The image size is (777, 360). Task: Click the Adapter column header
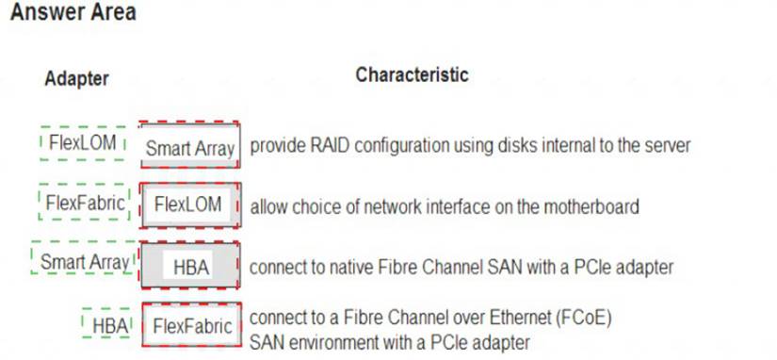click(x=76, y=78)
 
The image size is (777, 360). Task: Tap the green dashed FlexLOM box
click(x=84, y=143)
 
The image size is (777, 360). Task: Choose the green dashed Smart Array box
click(x=84, y=261)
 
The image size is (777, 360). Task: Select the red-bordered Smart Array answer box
click(x=189, y=147)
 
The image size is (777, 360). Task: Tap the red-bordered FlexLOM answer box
click(x=188, y=205)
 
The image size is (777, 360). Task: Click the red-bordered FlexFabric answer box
click(x=191, y=326)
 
